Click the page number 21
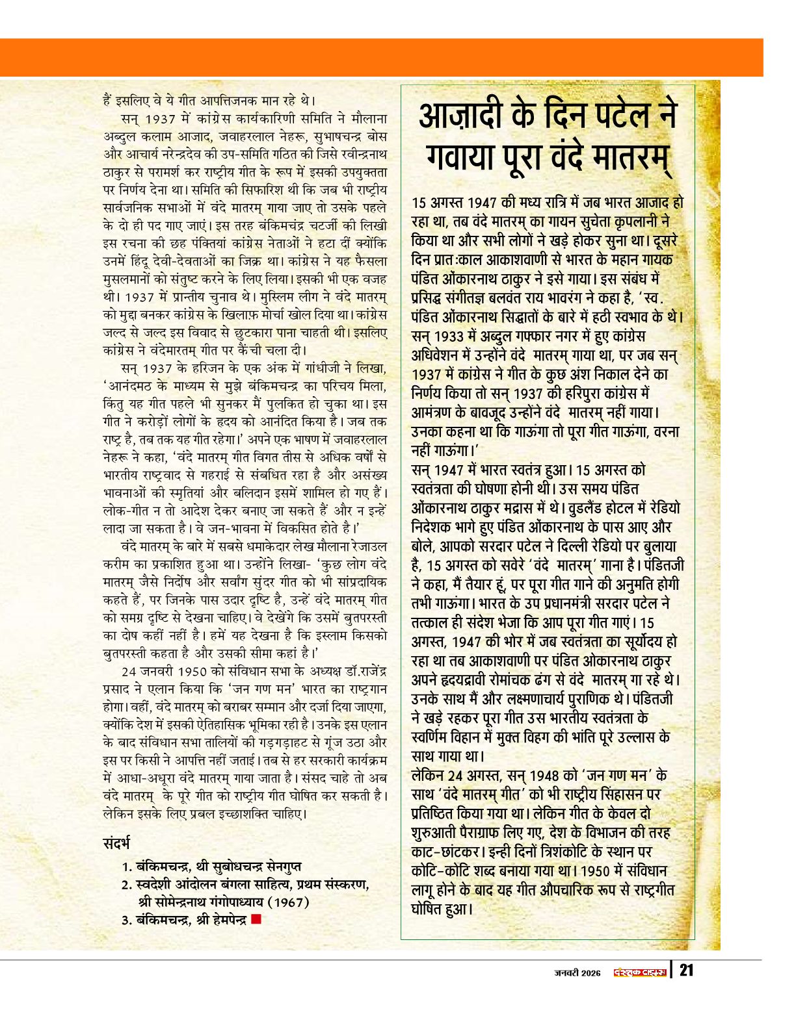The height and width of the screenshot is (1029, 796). [686, 971]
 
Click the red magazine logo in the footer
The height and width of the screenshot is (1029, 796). [640, 972]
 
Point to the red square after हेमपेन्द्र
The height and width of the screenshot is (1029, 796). [256, 919]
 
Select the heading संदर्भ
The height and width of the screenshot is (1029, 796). [116, 844]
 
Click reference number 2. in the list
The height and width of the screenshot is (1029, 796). [127, 885]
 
